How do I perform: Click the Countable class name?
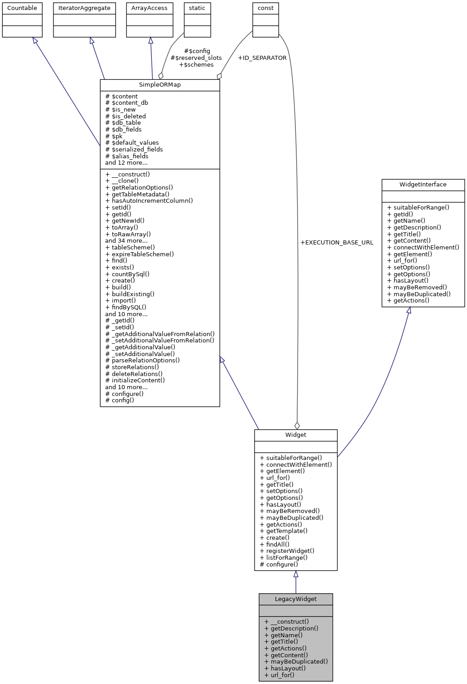tap(22, 8)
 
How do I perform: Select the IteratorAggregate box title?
tap(84, 8)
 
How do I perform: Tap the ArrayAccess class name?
tap(149, 8)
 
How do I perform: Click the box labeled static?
tap(197, 8)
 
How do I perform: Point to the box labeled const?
tap(265, 8)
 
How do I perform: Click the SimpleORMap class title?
tap(160, 85)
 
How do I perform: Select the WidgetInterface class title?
tap(423, 185)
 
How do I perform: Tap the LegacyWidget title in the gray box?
tap(296, 599)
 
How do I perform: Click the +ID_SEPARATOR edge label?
tap(262, 58)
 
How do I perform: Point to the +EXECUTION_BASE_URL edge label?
tap(337, 243)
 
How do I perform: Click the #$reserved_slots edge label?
tap(196, 58)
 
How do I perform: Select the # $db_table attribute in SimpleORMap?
tap(123, 123)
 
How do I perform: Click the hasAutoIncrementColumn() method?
tap(149, 200)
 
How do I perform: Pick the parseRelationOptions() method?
tap(143, 361)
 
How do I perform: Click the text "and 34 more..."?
tap(126, 241)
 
